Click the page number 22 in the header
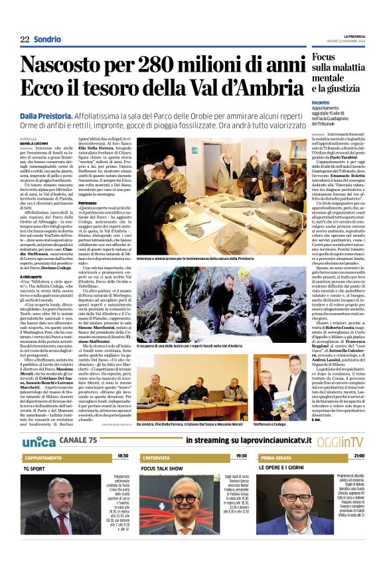[x=25, y=40]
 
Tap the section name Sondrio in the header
[x=48, y=40]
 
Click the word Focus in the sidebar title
[x=326, y=57]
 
